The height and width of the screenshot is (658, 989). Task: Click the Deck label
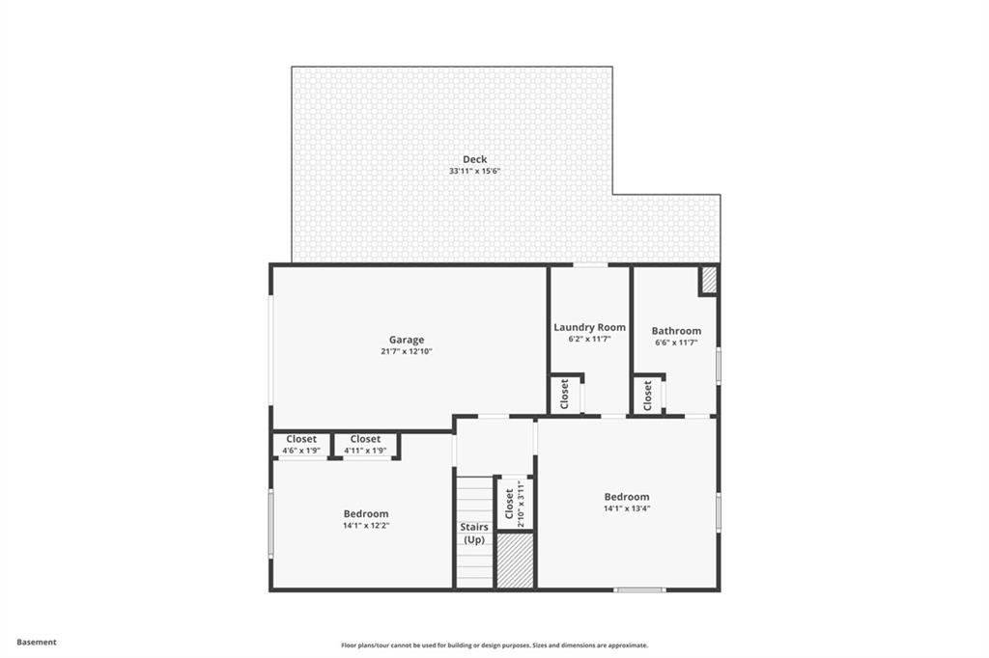click(474, 159)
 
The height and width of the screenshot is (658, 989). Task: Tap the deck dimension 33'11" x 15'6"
click(474, 172)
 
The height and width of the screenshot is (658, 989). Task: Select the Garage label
click(407, 340)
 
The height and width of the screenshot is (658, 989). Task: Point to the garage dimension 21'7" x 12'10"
click(407, 352)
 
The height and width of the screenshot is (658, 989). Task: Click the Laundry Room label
click(589, 327)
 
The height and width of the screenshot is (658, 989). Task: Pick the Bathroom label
click(676, 331)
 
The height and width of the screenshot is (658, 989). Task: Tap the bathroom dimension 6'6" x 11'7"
click(676, 343)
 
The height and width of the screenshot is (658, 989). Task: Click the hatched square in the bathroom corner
click(708, 280)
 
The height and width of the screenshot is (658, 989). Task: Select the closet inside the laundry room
click(565, 394)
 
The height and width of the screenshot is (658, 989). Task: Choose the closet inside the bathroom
click(648, 394)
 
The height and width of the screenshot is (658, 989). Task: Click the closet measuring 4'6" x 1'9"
click(301, 445)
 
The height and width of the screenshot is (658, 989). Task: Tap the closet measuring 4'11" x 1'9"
click(365, 445)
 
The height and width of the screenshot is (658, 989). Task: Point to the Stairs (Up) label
click(473, 534)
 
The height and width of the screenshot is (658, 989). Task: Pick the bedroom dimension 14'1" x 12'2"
click(366, 526)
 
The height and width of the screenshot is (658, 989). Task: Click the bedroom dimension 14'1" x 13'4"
click(627, 508)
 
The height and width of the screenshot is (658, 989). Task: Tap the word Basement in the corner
click(38, 642)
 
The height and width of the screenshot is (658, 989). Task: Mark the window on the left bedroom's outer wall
click(271, 522)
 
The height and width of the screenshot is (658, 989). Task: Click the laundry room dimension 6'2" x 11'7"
click(589, 340)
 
